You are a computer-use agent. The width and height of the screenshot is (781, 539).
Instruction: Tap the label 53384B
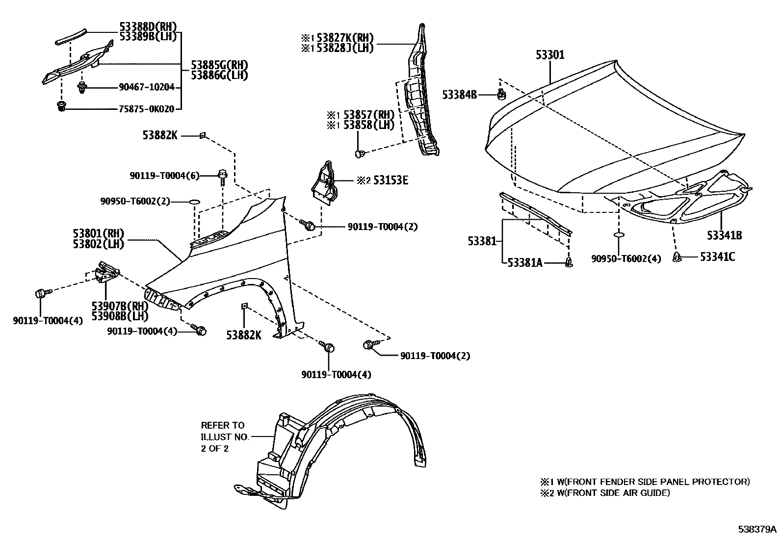pos(459,95)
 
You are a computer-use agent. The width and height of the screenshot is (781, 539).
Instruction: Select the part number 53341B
pos(724,235)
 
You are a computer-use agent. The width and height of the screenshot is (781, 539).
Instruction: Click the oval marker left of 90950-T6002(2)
pos(194,201)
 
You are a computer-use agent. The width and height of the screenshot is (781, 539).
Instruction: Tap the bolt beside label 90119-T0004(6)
pos(222,176)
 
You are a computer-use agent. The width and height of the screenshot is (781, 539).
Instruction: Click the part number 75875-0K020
pos(146,109)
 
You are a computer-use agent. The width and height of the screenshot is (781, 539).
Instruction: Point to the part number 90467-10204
pos(146,87)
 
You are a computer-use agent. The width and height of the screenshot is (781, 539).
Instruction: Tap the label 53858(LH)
pos(368,125)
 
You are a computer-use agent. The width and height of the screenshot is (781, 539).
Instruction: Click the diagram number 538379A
pos(757,529)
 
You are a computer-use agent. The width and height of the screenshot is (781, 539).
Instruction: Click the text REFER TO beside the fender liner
pos(222,425)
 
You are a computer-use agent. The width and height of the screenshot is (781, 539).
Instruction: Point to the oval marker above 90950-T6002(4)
pos(619,235)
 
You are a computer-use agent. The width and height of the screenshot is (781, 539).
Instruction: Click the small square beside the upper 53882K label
pos(201,135)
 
